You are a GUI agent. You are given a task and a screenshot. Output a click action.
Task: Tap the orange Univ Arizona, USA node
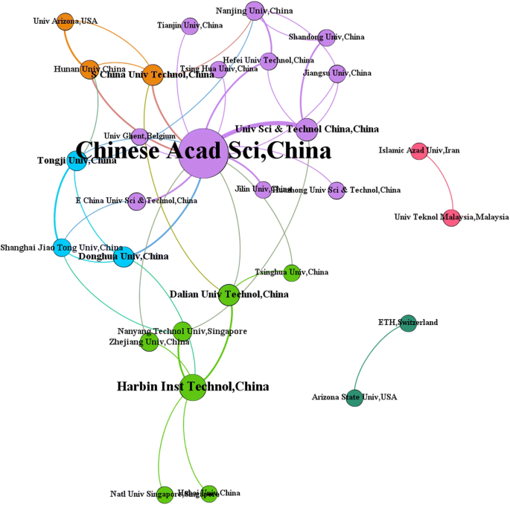66,21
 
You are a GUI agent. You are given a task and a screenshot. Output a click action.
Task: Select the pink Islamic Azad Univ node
419,151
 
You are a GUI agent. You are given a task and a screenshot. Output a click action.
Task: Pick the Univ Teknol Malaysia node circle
452,217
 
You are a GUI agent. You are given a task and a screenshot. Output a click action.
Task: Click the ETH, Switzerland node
408,323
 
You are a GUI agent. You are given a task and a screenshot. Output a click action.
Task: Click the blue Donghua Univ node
124,257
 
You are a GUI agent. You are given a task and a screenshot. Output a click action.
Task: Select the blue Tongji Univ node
77,161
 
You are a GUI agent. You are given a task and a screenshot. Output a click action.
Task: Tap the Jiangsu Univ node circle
338,74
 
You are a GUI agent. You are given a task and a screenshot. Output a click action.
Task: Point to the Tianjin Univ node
190,26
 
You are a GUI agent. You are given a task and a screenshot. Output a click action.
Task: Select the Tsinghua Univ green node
292,273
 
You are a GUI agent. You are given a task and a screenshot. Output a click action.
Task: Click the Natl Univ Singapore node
165,494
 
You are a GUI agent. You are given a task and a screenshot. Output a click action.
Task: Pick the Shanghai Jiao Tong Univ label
62,248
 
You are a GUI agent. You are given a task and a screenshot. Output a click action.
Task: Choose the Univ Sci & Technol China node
307,129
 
